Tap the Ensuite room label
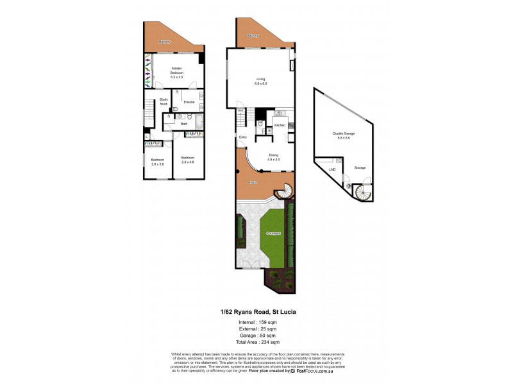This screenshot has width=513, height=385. coord(189,102)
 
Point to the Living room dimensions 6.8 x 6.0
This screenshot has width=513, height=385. coord(260,84)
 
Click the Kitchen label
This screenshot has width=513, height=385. coord(280,125)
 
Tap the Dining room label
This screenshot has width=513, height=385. coord(273,155)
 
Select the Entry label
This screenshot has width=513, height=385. coord(243,137)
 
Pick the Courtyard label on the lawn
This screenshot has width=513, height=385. coord(274,233)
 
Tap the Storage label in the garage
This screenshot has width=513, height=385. coord(360,167)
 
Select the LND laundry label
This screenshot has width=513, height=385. coord(332,169)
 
